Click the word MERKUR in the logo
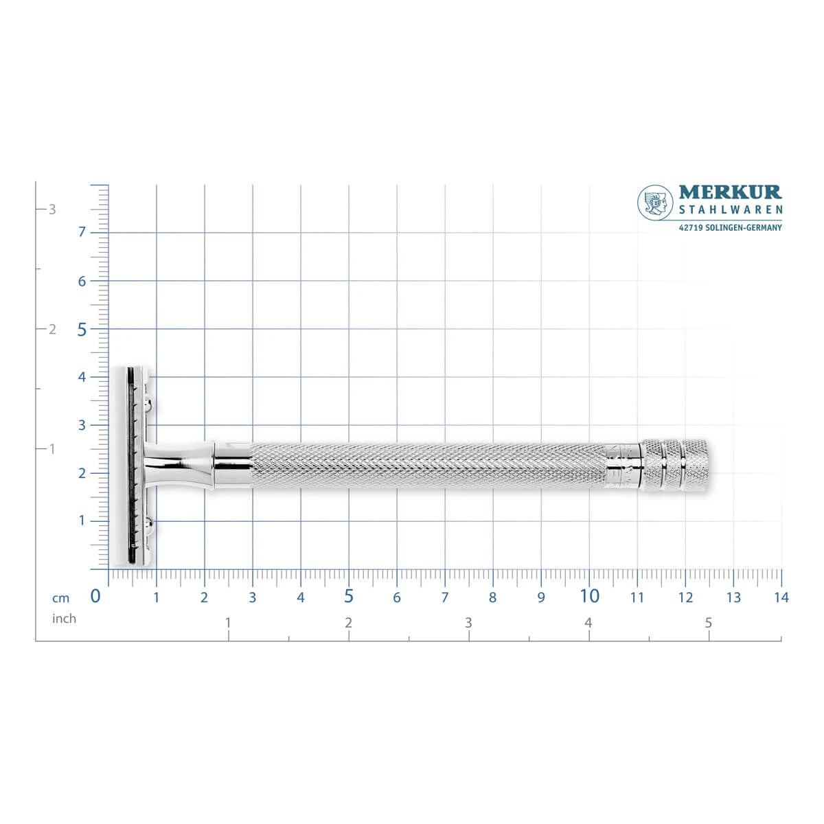pyautogui.click(x=730, y=192)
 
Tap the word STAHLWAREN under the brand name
pyautogui.click(x=731, y=210)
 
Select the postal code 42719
pyautogui.click(x=691, y=228)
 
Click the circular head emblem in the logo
pyautogui.click(x=655, y=203)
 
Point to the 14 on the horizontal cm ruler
pyautogui.click(x=781, y=597)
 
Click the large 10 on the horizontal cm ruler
pyautogui.click(x=589, y=596)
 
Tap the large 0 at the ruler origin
pyautogui.click(x=95, y=596)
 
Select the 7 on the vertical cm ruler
pyautogui.click(x=82, y=232)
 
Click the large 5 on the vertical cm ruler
pyautogui.click(x=82, y=330)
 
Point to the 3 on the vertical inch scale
pyautogui.click(x=52, y=209)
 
